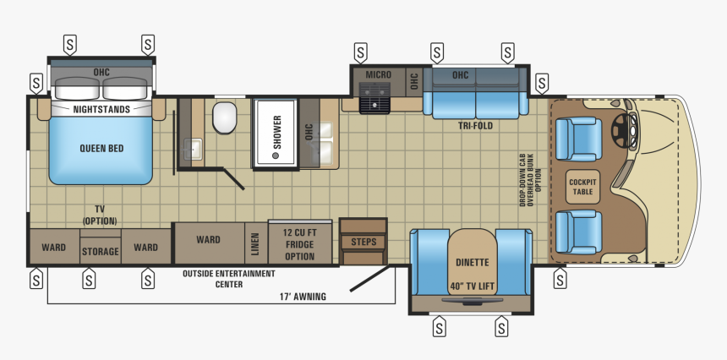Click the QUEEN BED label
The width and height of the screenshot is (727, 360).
(101, 149)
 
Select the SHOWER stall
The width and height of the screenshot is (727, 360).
(276, 134)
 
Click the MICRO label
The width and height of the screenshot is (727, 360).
(378, 75)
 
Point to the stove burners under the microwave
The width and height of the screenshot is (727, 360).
(374, 104)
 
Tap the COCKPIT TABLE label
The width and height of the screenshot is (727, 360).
(582, 187)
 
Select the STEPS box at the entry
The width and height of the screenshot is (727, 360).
(363, 242)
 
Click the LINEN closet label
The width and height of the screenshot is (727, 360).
(255, 243)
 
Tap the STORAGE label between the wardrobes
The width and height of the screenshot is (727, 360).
(100, 252)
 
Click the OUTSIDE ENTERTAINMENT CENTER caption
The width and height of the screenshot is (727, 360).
(229, 279)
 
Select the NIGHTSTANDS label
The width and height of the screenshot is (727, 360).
(101, 110)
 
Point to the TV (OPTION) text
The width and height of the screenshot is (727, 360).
(100, 215)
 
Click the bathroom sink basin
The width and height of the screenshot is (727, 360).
(194, 150)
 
